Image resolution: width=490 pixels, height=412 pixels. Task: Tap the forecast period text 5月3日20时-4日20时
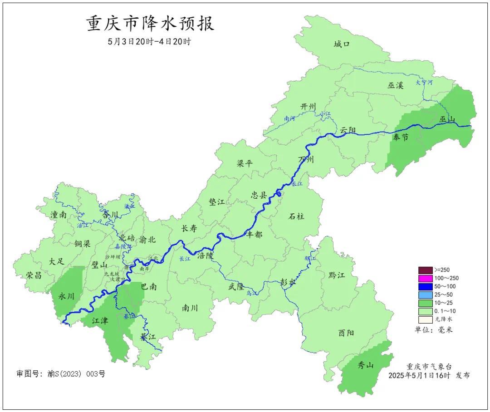click(149, 42)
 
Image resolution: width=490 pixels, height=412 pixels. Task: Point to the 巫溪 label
click(395, 85)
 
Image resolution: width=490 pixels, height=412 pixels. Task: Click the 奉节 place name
click(401, 137)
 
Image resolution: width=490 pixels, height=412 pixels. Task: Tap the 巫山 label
click(447, 119)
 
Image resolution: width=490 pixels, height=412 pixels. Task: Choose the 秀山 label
click(365, 365)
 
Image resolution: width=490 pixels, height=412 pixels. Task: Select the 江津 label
click(100, 321)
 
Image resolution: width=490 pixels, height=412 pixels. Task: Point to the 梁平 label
click(245, 163)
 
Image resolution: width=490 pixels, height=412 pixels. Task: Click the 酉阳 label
click(346, 333)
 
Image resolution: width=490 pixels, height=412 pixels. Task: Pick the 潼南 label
click(59, 215)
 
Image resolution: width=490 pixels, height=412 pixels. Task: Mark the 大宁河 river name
click(424, 83)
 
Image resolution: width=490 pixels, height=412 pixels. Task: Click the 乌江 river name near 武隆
click(251, 294)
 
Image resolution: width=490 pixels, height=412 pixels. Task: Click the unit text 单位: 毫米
click(433, 330)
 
